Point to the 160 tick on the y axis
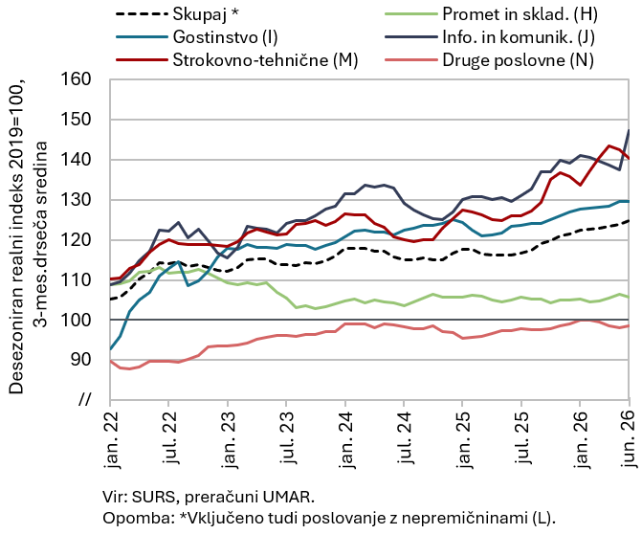click(x=76, y=79)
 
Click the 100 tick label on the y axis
click(x=76, y=320)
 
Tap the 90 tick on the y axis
click(x=80, y=360)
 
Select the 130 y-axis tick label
click(x=76, y=199)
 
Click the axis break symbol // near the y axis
click(x=84, y=399)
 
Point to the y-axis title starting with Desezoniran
click(x=28, y=236)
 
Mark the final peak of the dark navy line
click(x=629, y=130)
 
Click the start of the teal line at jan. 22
click(x=111, y=349)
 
